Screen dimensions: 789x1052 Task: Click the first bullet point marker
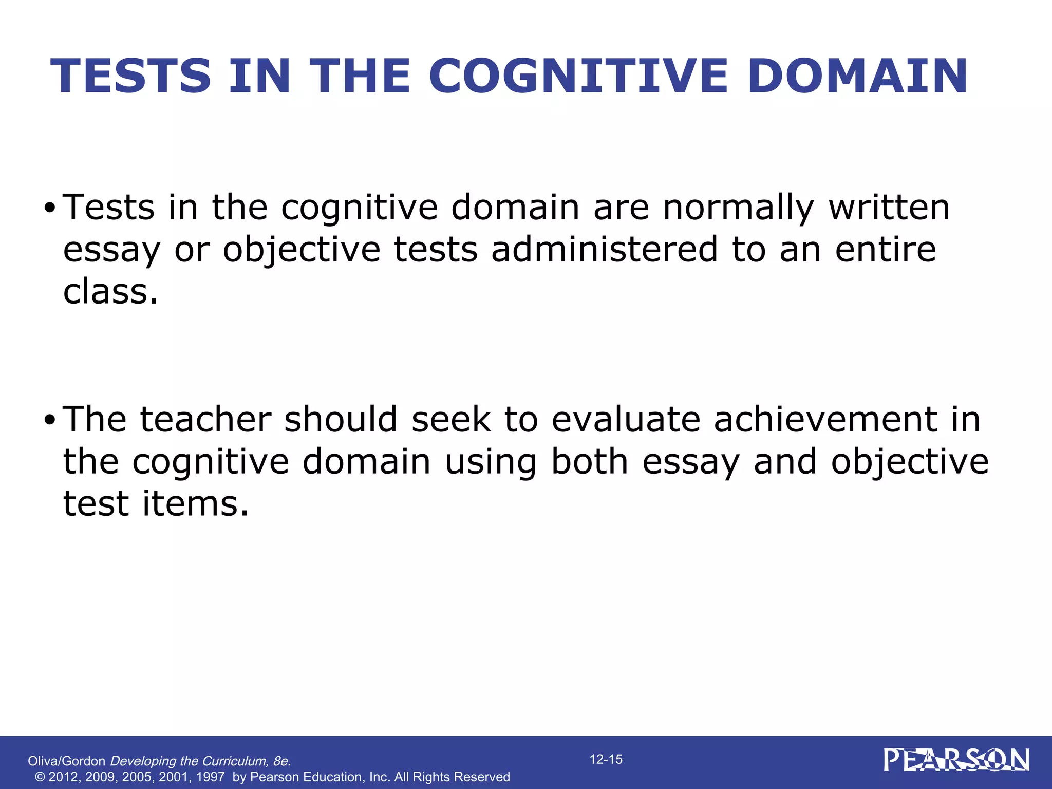(x=49, y=209)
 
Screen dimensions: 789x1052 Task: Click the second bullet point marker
(x=49, y=421)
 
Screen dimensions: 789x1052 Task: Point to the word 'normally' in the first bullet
(x=738, y=208)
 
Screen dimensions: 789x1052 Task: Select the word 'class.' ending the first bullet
(x=110, y=291)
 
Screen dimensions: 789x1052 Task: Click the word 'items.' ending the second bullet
(x=195, y=503)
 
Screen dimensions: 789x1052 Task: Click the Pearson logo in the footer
(x=956, y=760)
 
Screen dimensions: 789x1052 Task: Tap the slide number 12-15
(x=606, y=759)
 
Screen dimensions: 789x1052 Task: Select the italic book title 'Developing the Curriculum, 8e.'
(x=201, y=761)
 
